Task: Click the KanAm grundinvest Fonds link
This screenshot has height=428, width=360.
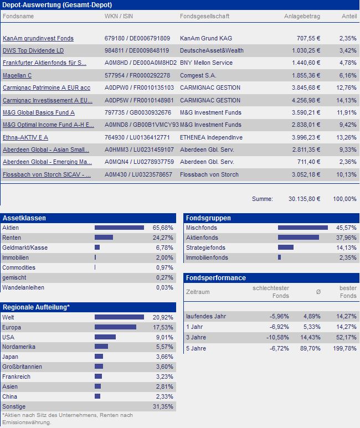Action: [38, 39]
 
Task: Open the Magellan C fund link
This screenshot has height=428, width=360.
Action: [17, 75]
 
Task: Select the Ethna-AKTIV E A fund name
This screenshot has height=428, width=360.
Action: [25, 138]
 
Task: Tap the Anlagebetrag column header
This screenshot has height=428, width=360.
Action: [302, 17]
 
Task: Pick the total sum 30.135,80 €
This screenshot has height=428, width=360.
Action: [304, 199]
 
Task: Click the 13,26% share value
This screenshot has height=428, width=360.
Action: [347, 138]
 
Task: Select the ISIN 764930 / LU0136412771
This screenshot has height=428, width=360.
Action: [137, 138]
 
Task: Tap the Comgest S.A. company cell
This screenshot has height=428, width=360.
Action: [198, 75]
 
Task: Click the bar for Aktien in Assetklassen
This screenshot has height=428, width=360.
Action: [119, 228]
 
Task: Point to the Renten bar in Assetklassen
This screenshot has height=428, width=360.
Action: [104, 238]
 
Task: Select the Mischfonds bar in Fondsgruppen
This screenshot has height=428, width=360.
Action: [302, 228]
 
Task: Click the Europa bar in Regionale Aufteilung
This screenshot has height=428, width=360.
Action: [115, 327]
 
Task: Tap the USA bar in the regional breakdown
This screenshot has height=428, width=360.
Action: [105, 337]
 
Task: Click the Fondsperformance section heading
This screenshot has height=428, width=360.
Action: [216, 277]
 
